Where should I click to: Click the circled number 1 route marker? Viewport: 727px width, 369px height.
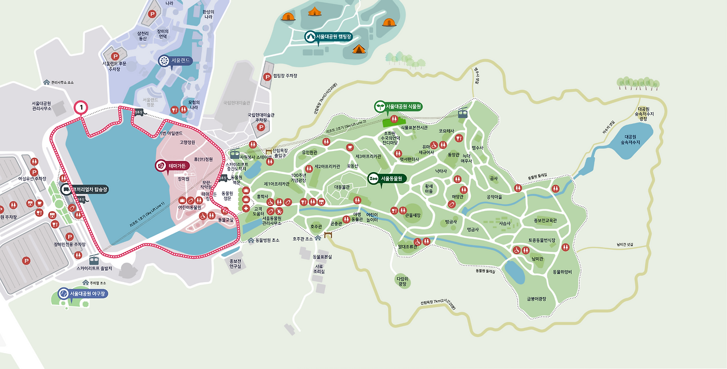81,107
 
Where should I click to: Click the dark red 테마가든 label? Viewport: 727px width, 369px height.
172,165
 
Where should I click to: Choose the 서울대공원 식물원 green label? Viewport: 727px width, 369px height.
398,106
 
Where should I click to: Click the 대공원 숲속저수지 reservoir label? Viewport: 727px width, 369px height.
632,140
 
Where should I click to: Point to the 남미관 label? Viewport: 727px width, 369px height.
537,258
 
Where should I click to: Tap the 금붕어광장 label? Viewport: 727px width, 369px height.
536,299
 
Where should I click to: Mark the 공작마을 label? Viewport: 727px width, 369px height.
494,197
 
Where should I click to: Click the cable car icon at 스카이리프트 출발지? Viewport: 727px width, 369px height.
94,259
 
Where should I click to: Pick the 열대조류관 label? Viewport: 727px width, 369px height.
407,247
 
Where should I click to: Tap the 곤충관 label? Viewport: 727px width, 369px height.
336,224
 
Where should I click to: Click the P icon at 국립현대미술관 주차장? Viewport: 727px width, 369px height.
261,127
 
